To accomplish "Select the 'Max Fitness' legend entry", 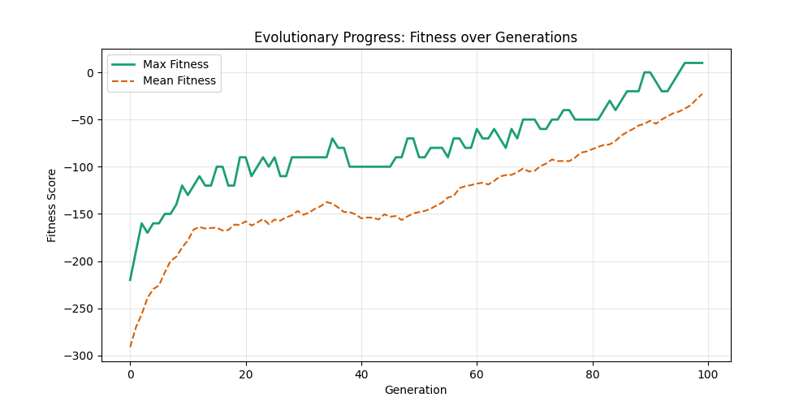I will pyautogui.click(x=175, y=64).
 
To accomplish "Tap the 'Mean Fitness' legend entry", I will pyautogui.click(x=179, y=80).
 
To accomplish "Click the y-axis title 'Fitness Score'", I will pyautogui.click(x=52, y=205).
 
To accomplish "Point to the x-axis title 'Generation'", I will pyautogui.click(x=416, y=390).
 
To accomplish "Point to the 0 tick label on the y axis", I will pyautogui.click(x=92, y=73).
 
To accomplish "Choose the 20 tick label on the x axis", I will pyautogui.click(x=245, y=374).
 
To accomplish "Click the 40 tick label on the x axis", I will pyautogui.click(x=361, y=374).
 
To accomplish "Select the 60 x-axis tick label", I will pyautogui.click(x=477, y=374).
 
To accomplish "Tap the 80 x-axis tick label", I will pyautogui.click(x=593, y=374).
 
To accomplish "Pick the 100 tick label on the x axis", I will pyautogui.click(x=708, y=374).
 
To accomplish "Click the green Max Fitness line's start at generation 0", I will pyautogui.click(x=130, y=280).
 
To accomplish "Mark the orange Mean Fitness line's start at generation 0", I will pyautogui.click(x=130, y=347).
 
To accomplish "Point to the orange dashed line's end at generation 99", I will pyautogui.click(x=702, y=93).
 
